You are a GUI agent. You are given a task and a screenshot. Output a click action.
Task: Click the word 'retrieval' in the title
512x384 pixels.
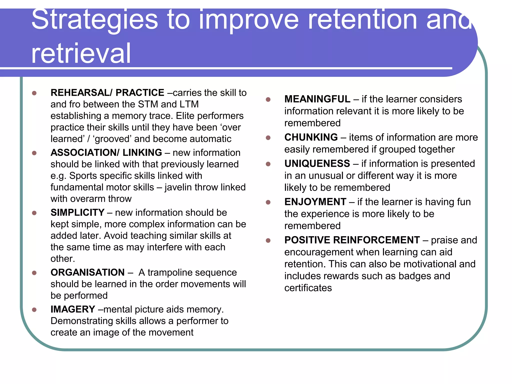coord(81,53)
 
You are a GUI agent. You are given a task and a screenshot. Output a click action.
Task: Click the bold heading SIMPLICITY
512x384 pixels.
coord(77,212)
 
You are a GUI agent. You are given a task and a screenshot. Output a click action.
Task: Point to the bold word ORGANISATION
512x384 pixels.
coord(87,272)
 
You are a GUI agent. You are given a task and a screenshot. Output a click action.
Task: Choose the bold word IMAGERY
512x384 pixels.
coord(73,309)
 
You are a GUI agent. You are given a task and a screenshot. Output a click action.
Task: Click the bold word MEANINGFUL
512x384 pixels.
coord(317,99)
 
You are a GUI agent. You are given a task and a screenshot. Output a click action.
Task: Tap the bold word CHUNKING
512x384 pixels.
coord(311,137)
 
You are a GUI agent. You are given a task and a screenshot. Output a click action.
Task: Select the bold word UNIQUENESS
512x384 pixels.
coord(317,163)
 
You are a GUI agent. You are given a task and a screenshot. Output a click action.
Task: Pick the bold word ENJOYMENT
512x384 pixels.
coord(315,202)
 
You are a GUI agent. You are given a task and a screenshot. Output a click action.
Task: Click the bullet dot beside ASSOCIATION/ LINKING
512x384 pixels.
coord(34,153)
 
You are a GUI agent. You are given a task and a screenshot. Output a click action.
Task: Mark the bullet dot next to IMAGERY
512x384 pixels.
coord(34,310)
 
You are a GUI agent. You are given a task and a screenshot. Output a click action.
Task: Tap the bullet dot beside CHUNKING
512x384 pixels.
coord(268,138)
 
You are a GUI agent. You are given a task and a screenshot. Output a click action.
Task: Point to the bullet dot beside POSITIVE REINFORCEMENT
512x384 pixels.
coord(268,240)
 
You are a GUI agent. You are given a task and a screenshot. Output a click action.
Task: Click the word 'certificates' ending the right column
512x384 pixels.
coord(308,288)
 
